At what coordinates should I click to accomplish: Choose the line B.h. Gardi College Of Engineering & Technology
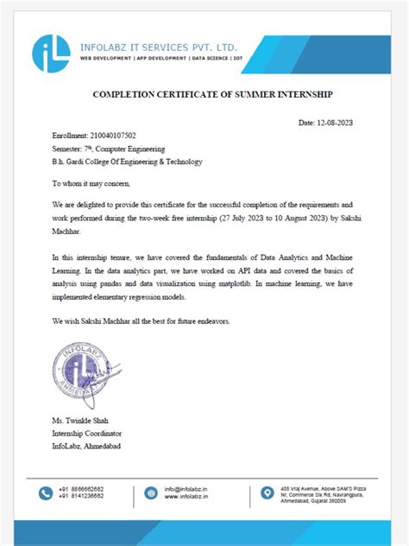127,162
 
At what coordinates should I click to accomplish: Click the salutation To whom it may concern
100,183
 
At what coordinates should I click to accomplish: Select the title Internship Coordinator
87,432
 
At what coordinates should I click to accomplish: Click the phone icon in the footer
47,493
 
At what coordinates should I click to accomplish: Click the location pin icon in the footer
267,493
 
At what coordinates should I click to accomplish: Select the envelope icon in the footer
152,493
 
